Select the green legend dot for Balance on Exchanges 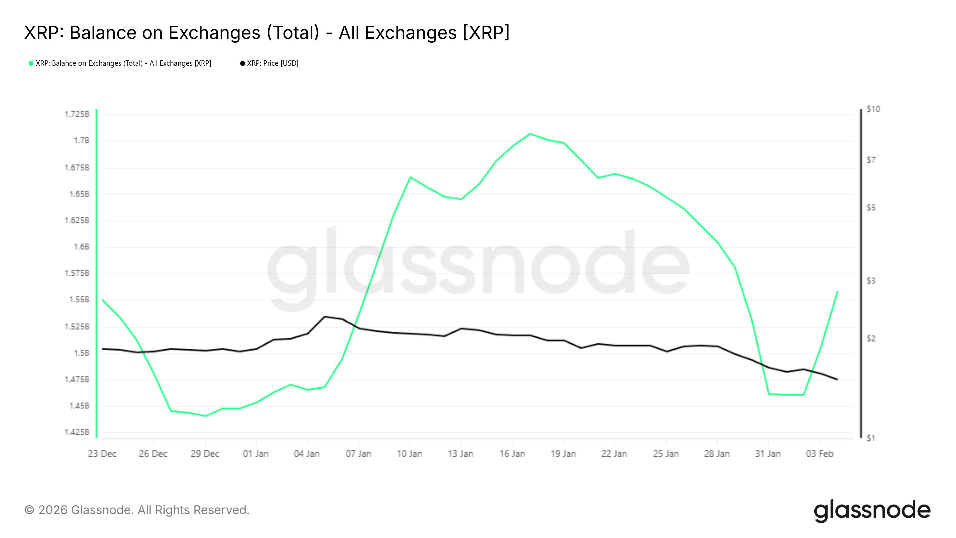pos(31,63)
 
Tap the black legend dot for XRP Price pos(242,63)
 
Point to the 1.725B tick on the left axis pos(77,114)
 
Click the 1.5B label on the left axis pos(82,353)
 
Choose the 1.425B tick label pos(77,432)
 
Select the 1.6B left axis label pos(82,247)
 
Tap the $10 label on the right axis pos(873,109)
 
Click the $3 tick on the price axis pos(871,281)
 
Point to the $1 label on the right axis pos(871,438)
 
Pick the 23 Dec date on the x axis pos(102,454)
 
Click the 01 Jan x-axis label pos(256,454)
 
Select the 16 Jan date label pos(512,454)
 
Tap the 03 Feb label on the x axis pos(819,454)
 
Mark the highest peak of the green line pos(530,134)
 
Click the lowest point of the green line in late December pos(205,416)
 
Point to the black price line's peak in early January pos(325,316)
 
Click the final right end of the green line pos(837,292)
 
